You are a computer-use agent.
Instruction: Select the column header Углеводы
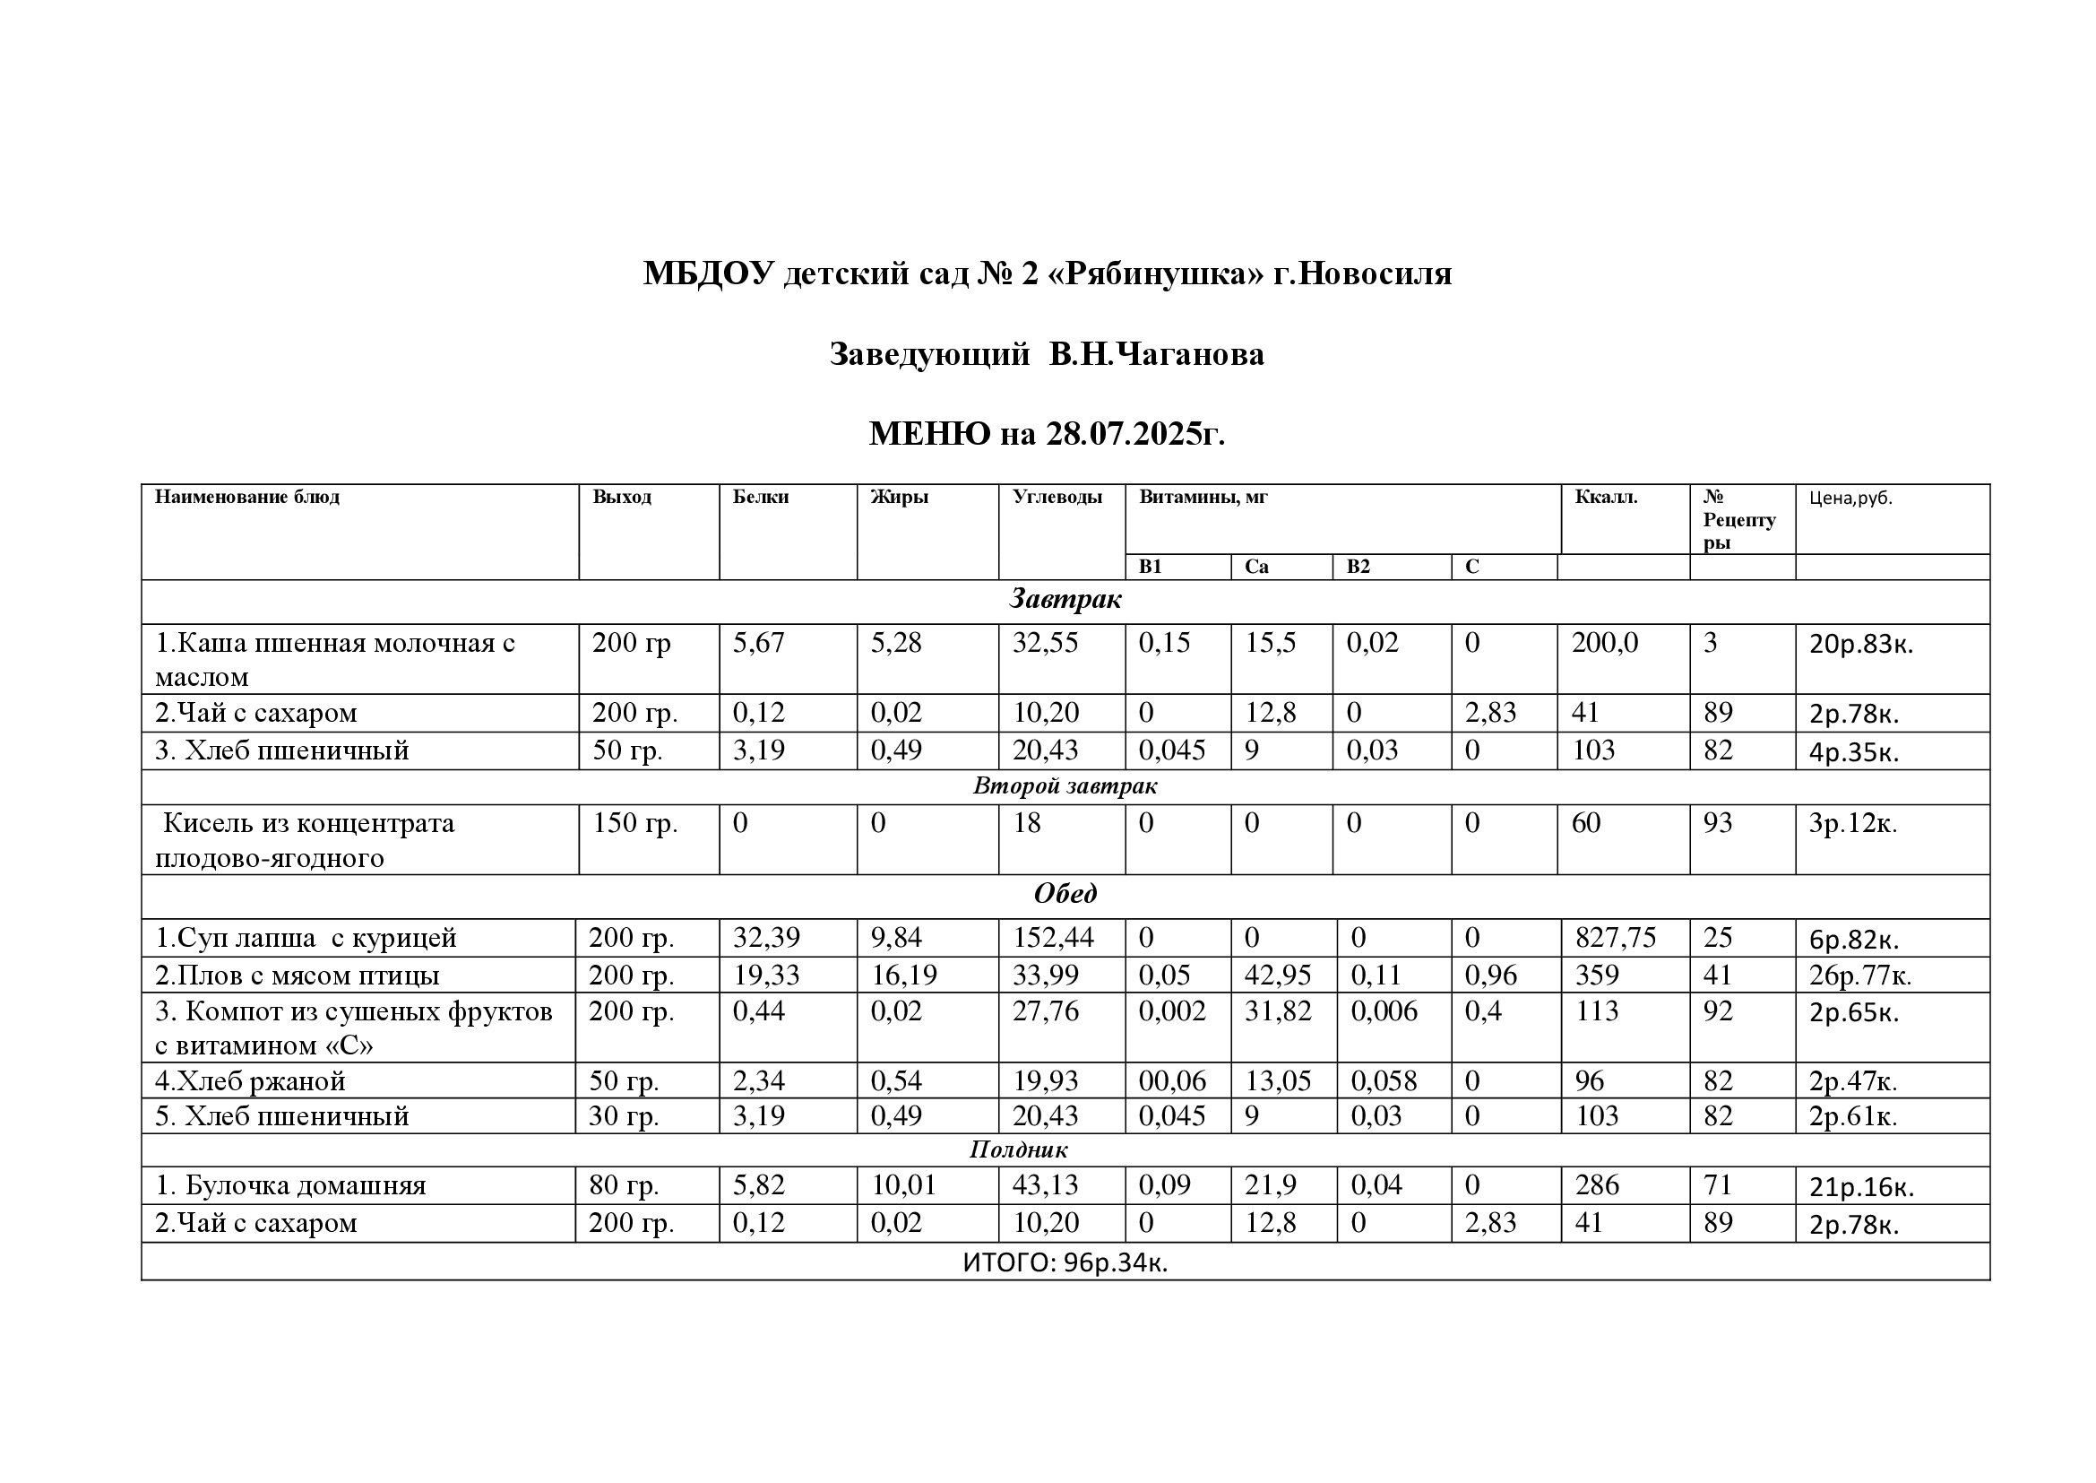(x=1057, y=498)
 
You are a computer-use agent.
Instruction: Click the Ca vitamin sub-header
(x=1256, y=567)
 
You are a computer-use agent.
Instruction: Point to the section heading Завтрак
(x=1065, y=600)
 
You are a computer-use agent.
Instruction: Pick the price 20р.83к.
(x=1860, y=645)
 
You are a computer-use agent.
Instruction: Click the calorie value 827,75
(x=1615, y=938)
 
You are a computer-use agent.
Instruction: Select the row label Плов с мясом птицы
(x=297, y=976)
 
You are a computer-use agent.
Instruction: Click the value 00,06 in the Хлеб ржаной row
(x=1172, y=1081)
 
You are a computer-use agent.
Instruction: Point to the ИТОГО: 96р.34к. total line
(x=1065, y=1262)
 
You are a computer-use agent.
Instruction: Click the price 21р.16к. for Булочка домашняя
(x=1860, y=1187)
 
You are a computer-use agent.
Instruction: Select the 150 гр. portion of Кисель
(x=634, y=824)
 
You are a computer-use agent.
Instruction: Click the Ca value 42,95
(x=1277, y=976)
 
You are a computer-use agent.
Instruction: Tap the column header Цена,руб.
(x=1850, y=499)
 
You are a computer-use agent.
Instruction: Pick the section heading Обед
(x=1065, y=894)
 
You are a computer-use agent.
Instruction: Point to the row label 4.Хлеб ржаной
(x=250, y=1081)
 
